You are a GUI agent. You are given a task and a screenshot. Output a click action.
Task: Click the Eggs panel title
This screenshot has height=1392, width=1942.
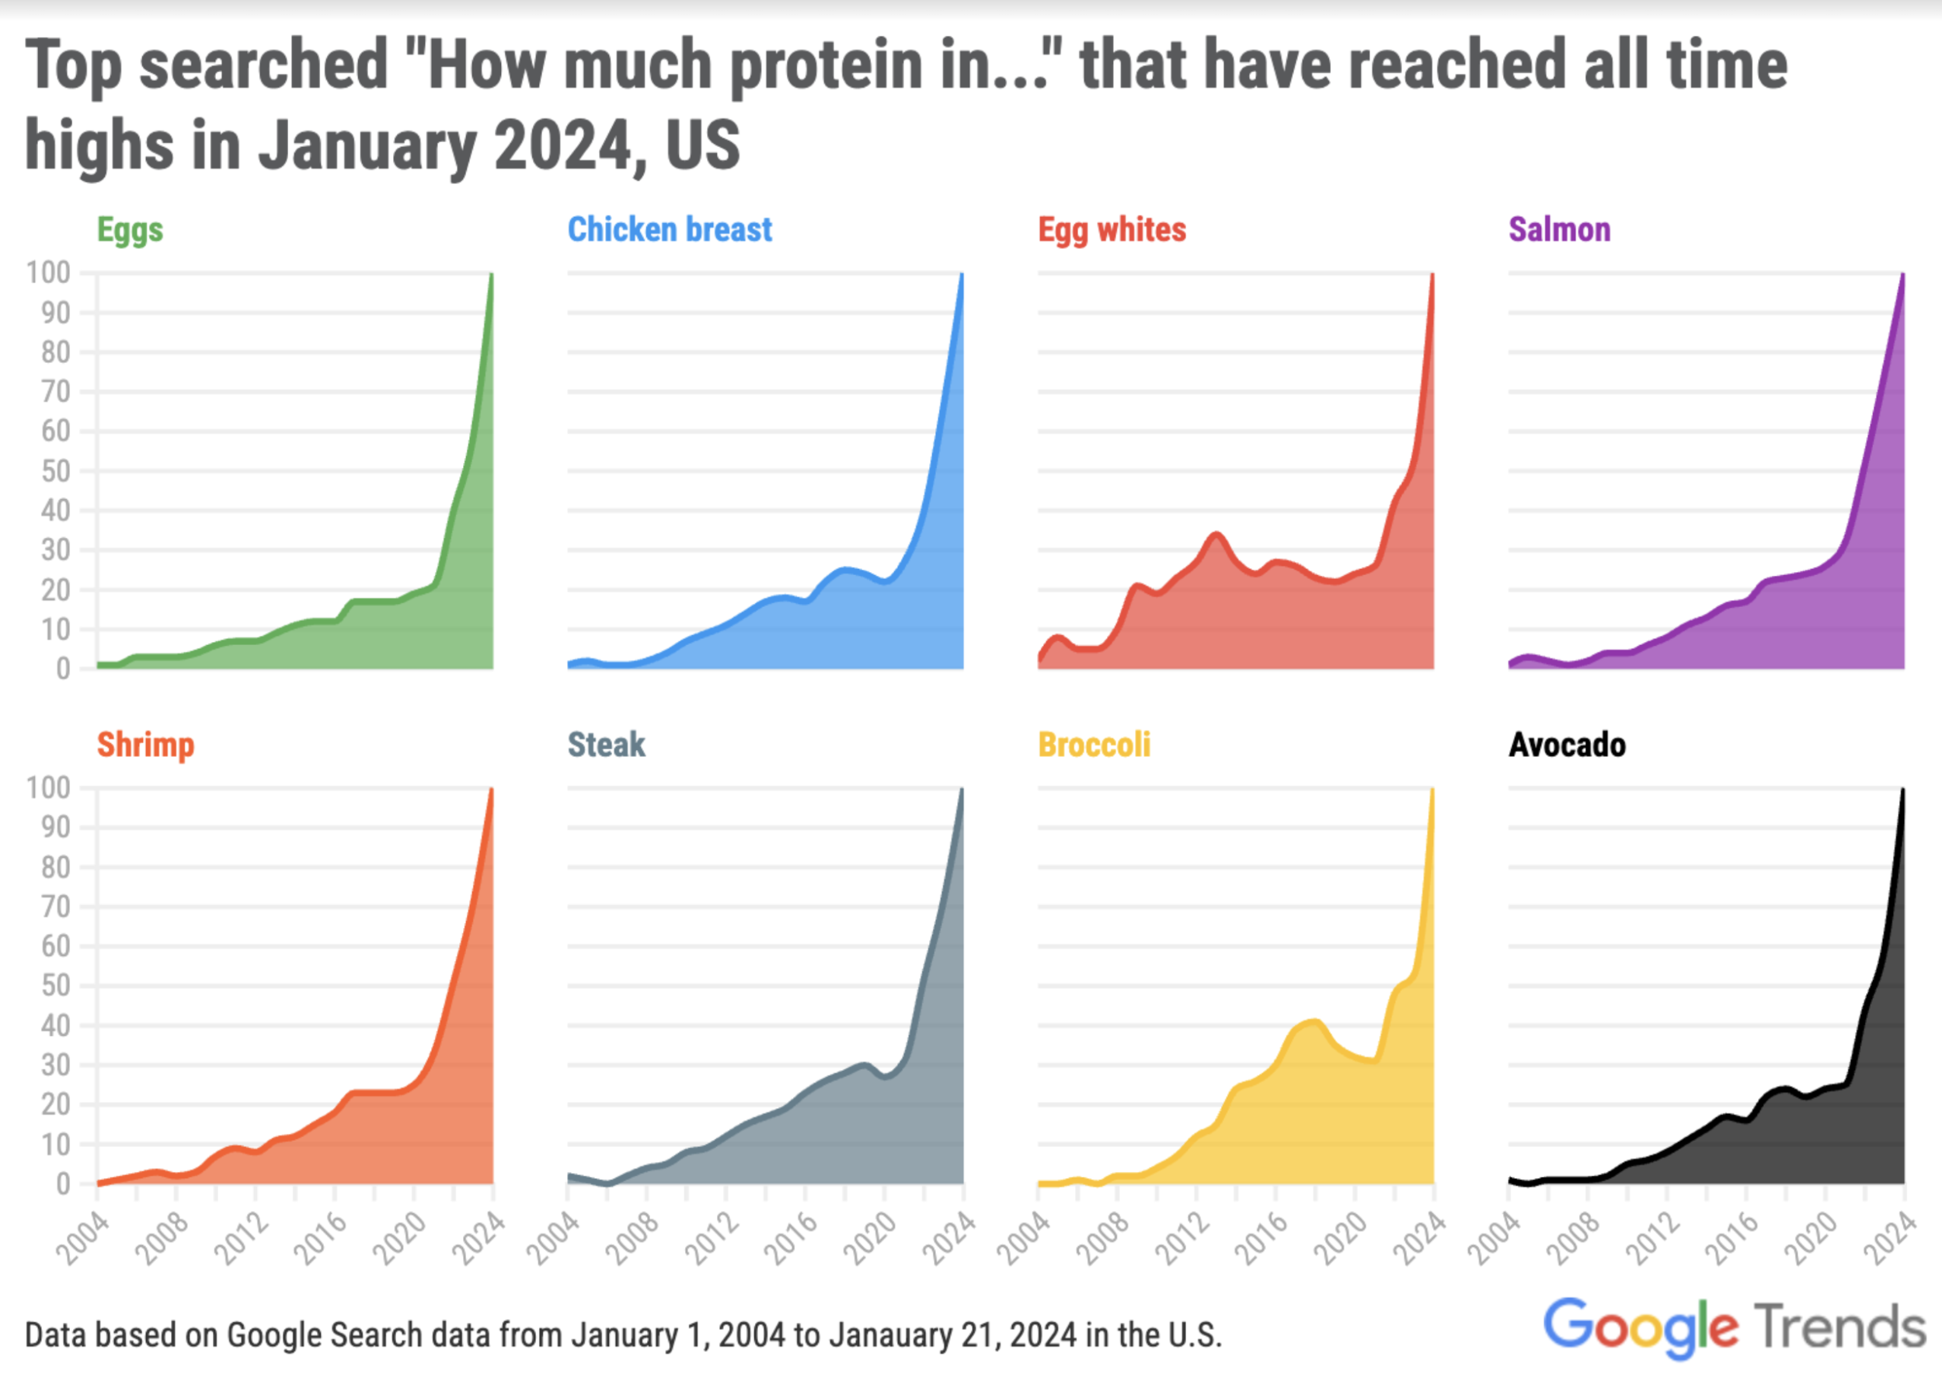[x=129, y=229]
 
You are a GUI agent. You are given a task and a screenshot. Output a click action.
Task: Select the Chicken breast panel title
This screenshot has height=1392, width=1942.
[x=670, y=229]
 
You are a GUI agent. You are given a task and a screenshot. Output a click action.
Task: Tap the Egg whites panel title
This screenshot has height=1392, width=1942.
[x=1112, y=229]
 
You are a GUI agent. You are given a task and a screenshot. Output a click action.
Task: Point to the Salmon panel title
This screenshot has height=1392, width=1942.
[x=1558, y=229]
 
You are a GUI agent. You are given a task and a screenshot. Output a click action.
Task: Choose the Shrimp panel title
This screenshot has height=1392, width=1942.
[x=145, y=745]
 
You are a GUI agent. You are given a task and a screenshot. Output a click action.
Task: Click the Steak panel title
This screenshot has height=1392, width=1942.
[x=606, y=745]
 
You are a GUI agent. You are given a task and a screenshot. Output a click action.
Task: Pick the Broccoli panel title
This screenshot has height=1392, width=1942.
[x=1094, y=745]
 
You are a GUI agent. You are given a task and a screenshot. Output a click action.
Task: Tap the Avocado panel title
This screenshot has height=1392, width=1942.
[x=1566, y=745]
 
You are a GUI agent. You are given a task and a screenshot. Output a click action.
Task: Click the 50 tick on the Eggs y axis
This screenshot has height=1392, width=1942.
[x=56, y=471]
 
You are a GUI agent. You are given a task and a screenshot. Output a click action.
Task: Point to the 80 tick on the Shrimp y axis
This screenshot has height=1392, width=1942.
[x=56, y=867]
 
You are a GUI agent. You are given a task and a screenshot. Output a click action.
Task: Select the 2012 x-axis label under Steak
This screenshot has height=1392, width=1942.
[x=712, y=1239]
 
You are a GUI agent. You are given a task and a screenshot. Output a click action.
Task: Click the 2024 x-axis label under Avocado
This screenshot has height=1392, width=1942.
[x=1889, y=1239]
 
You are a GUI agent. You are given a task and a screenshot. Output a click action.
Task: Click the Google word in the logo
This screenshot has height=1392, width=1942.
[x=1640, y=1327]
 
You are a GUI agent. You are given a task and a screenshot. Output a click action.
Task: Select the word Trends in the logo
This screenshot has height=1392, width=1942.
[x=1839, y=1327]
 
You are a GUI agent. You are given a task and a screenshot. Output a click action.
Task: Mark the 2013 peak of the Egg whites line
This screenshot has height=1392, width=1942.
[x=1216, y=535]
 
